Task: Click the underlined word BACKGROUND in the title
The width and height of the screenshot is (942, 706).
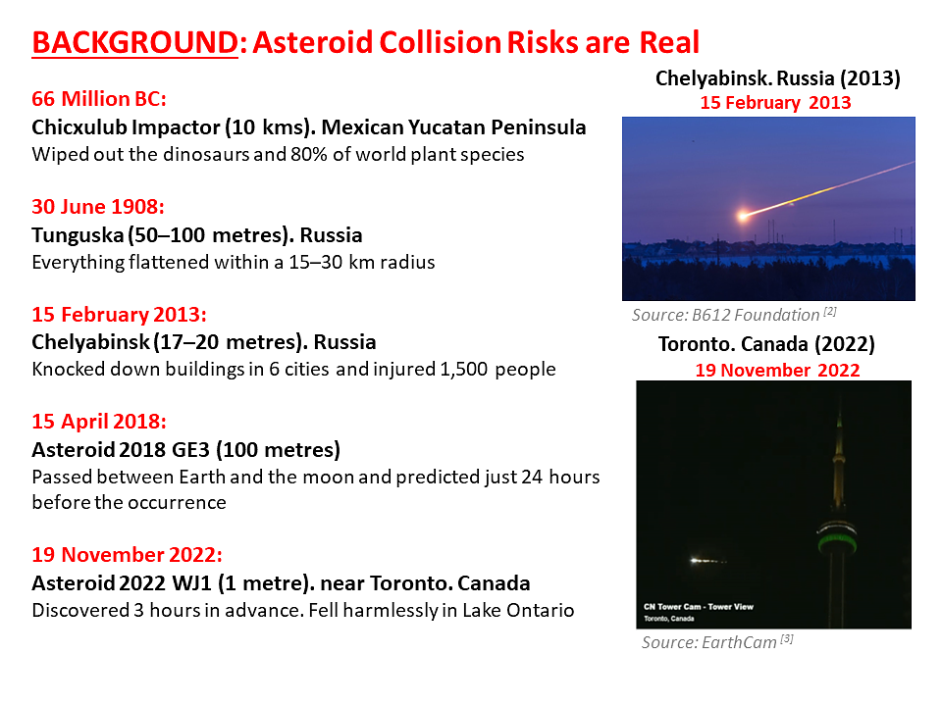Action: (x=135, y=42)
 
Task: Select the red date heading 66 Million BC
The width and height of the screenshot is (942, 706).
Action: (x=98, y=98)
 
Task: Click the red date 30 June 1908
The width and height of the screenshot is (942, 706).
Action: (x=98, y=207)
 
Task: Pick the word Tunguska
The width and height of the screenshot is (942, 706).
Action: (x=78, y=234)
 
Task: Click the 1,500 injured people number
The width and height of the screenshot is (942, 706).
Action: (x=464, y=370)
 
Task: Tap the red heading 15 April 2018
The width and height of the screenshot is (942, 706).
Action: (x=99, y=422)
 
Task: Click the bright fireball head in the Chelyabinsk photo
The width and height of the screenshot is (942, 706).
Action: (x=744, y=215)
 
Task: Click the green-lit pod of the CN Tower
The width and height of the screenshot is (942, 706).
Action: (x=836, y=538)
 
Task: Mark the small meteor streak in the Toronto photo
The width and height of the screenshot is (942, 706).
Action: (x=707, y=561)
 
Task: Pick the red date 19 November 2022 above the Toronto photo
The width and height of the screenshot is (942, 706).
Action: (x=777, y=371)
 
